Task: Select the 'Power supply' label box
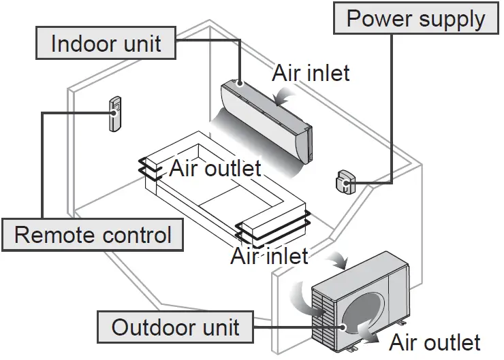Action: [415, 18]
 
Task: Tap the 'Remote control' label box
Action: [93, 235]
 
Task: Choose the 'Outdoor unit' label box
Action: [175, 327]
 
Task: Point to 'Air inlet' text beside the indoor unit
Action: [311, 73]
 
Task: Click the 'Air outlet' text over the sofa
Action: [215, 167]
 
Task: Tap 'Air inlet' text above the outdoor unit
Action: [269, 256]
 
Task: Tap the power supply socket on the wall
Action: [343, 183]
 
